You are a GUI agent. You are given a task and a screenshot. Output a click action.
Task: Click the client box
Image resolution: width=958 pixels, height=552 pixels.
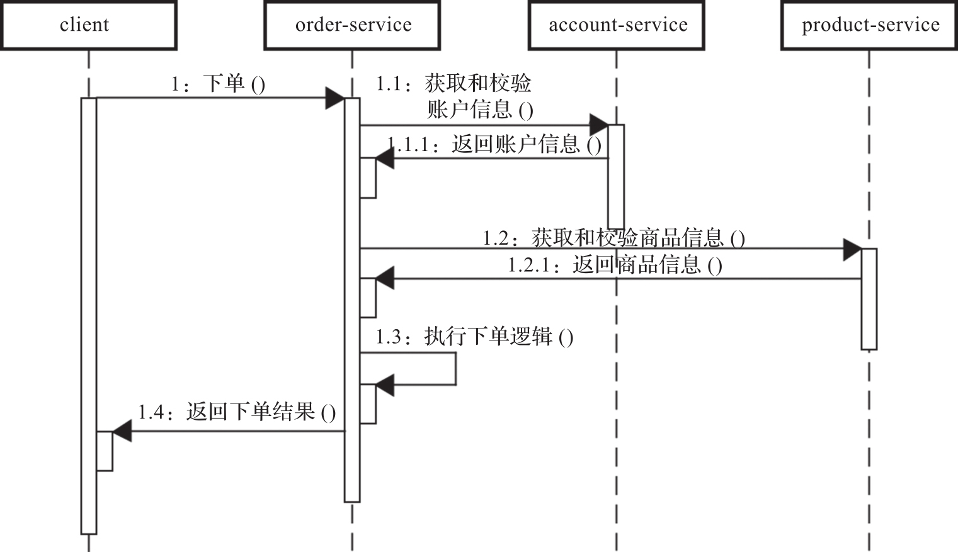88,25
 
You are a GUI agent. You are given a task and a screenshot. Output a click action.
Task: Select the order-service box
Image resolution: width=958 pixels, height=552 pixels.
352,25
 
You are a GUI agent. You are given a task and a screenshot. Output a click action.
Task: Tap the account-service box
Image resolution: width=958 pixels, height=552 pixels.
617,25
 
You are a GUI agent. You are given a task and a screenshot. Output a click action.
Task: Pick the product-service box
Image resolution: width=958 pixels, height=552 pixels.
870,25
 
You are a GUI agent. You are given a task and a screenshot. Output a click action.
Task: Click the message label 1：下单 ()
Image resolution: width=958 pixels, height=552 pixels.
218,84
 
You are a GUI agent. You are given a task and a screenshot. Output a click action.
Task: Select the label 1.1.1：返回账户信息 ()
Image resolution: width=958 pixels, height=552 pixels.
494,145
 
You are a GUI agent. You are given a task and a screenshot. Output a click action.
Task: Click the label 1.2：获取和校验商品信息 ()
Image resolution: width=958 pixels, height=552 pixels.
614,238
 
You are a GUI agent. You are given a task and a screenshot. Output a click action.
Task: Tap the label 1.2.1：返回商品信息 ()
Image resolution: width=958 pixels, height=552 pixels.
615,264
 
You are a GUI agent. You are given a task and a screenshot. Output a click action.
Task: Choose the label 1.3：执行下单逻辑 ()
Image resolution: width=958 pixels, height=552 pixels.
474,337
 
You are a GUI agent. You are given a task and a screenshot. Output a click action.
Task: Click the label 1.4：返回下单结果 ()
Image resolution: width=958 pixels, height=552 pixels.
237,412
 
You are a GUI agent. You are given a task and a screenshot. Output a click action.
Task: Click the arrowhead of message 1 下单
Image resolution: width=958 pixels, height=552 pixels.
334,98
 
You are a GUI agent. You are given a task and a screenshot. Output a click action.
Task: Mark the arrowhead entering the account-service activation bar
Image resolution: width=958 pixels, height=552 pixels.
598,125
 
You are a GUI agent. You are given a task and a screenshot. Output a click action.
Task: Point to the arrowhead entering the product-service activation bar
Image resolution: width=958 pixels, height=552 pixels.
852,249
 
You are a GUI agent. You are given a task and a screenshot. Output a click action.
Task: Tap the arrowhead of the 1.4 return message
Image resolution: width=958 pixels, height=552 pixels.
122,431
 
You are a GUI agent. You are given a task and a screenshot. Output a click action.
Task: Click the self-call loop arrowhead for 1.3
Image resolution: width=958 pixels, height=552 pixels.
385,385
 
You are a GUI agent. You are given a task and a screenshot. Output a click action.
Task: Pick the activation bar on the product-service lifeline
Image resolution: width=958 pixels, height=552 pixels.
869,299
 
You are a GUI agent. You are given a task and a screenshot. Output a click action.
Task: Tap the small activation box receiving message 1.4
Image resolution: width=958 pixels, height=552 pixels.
105,451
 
